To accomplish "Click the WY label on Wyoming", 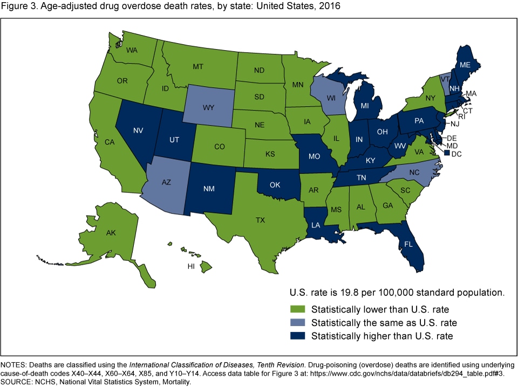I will tap(209, 107).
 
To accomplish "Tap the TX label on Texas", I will tap(261, 220).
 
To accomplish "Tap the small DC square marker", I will tap(447, 154).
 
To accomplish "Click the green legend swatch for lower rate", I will tap(297, 309).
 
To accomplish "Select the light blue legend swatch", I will tap(297, 323).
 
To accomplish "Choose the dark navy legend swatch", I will tap(297, 336).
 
